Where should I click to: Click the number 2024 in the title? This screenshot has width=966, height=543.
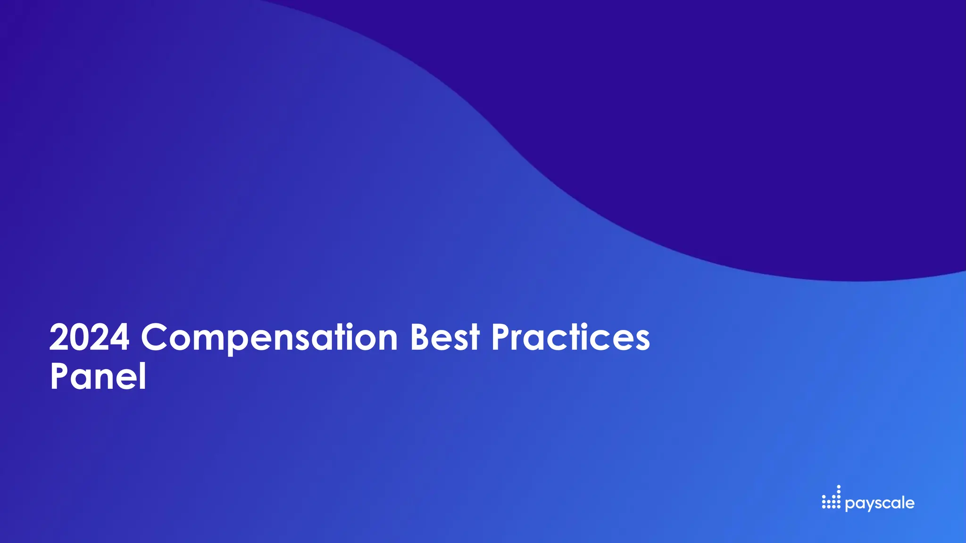(x=89, y=337)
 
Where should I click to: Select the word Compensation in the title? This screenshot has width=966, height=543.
(x=269, y=337)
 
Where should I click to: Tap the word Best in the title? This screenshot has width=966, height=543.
(x=445, y=337)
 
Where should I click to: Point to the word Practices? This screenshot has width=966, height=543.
(x=570, y=337)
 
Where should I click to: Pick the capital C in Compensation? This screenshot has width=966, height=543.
(x=155, y=337)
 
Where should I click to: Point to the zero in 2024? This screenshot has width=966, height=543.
(x=78, y=337)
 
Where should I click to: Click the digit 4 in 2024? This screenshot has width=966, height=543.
(x=119, y=337)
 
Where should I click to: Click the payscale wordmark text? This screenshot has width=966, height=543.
(x=880, y=503)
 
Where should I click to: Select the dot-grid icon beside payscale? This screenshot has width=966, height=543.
(x=831, y=498)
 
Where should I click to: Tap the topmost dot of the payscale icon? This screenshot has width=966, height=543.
(x=839, y=487)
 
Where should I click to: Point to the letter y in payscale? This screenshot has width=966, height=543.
(x=869, y=505)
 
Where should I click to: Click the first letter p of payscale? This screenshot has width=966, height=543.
(x=849, y=505)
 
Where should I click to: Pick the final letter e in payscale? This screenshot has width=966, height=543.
(x=909, y=503)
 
